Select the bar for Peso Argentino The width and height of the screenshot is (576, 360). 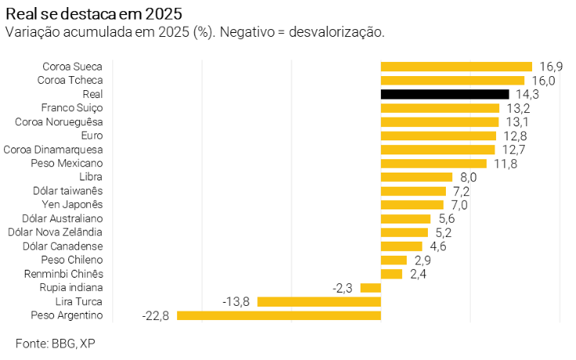point(279,315)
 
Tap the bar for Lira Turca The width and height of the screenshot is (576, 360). point(319,301)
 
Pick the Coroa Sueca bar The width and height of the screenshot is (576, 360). point(456,67)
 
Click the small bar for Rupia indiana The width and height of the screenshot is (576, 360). point(371,288)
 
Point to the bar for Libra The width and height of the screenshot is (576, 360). point(416,177)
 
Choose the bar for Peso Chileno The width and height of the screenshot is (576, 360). point(393,260)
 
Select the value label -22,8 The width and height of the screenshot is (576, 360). point(157,315)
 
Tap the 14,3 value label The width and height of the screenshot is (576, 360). point(526,94)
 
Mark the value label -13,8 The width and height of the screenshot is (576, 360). point(237,301)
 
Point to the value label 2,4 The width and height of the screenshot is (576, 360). point(417,274)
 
